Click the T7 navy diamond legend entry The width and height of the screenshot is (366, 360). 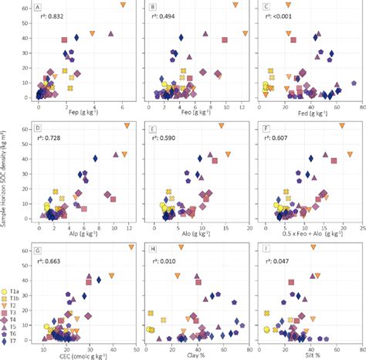[15, 340]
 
